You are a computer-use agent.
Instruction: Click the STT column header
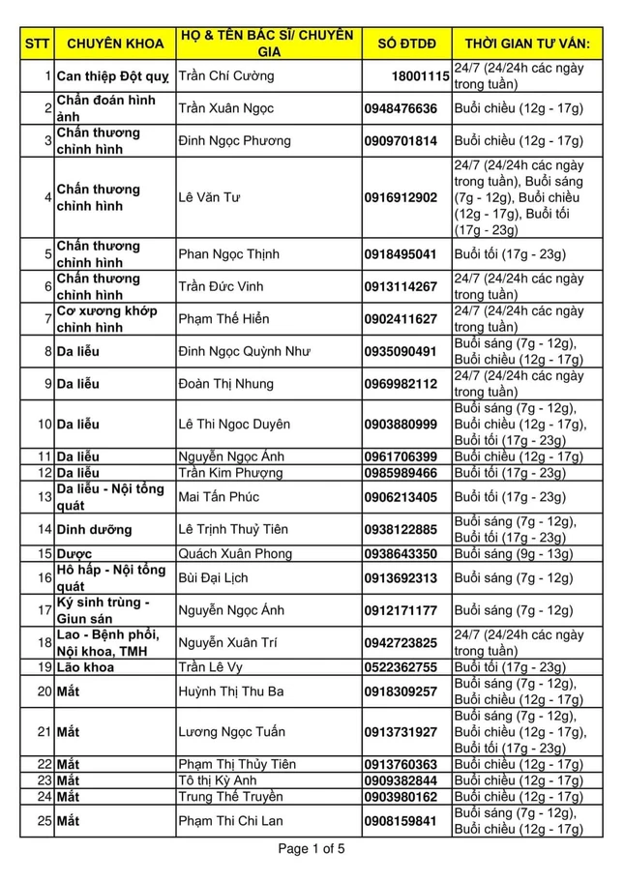coord(37,44)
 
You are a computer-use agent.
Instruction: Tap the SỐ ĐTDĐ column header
coord(406,44)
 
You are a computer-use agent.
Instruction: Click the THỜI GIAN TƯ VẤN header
coord(527,44)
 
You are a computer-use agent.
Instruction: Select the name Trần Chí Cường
coord(226,75)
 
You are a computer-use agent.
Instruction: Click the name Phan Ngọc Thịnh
coord(229,254)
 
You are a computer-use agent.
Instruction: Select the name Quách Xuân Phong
coord(234,553)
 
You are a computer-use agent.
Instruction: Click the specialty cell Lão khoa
coord(85,667)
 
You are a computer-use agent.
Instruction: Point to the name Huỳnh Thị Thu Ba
coord(237,691)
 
